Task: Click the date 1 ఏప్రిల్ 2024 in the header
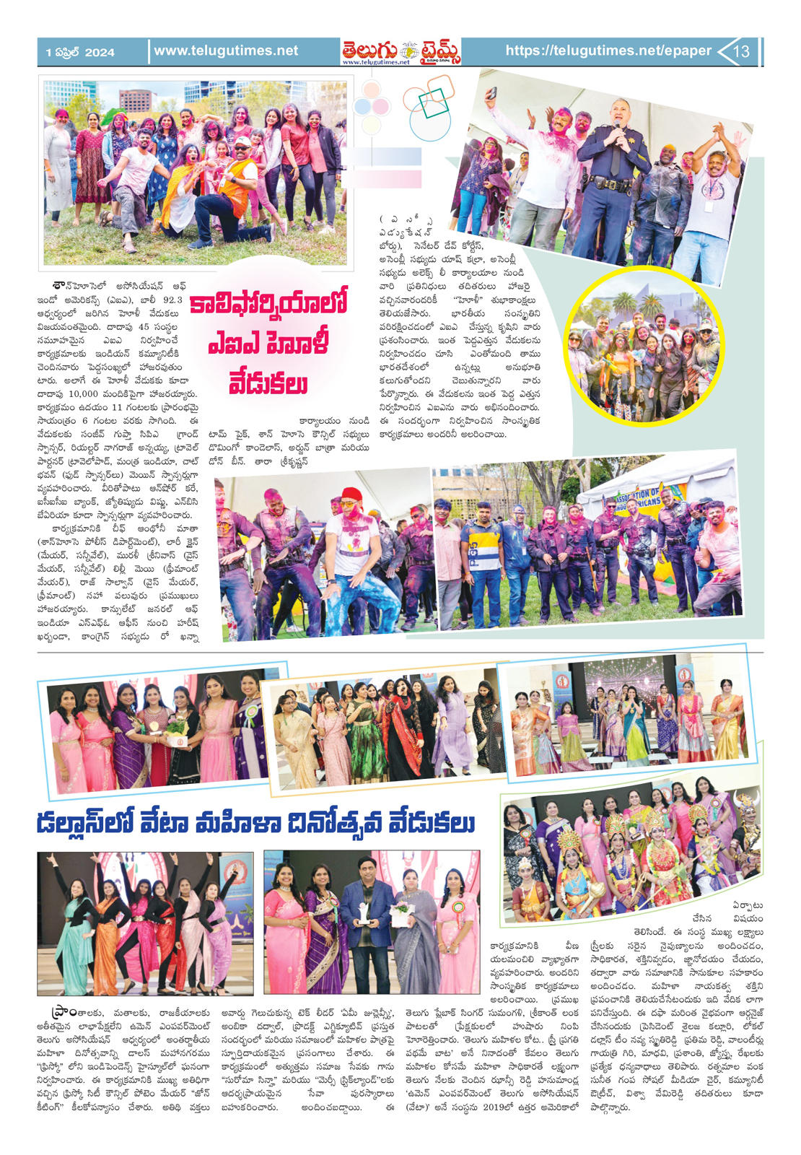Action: pos(80,52)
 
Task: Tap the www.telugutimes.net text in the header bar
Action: pos(226,51)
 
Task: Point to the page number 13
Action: pos(742,51)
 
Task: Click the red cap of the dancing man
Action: pos(351,494)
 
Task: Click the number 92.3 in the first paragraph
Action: pos(174,300)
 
